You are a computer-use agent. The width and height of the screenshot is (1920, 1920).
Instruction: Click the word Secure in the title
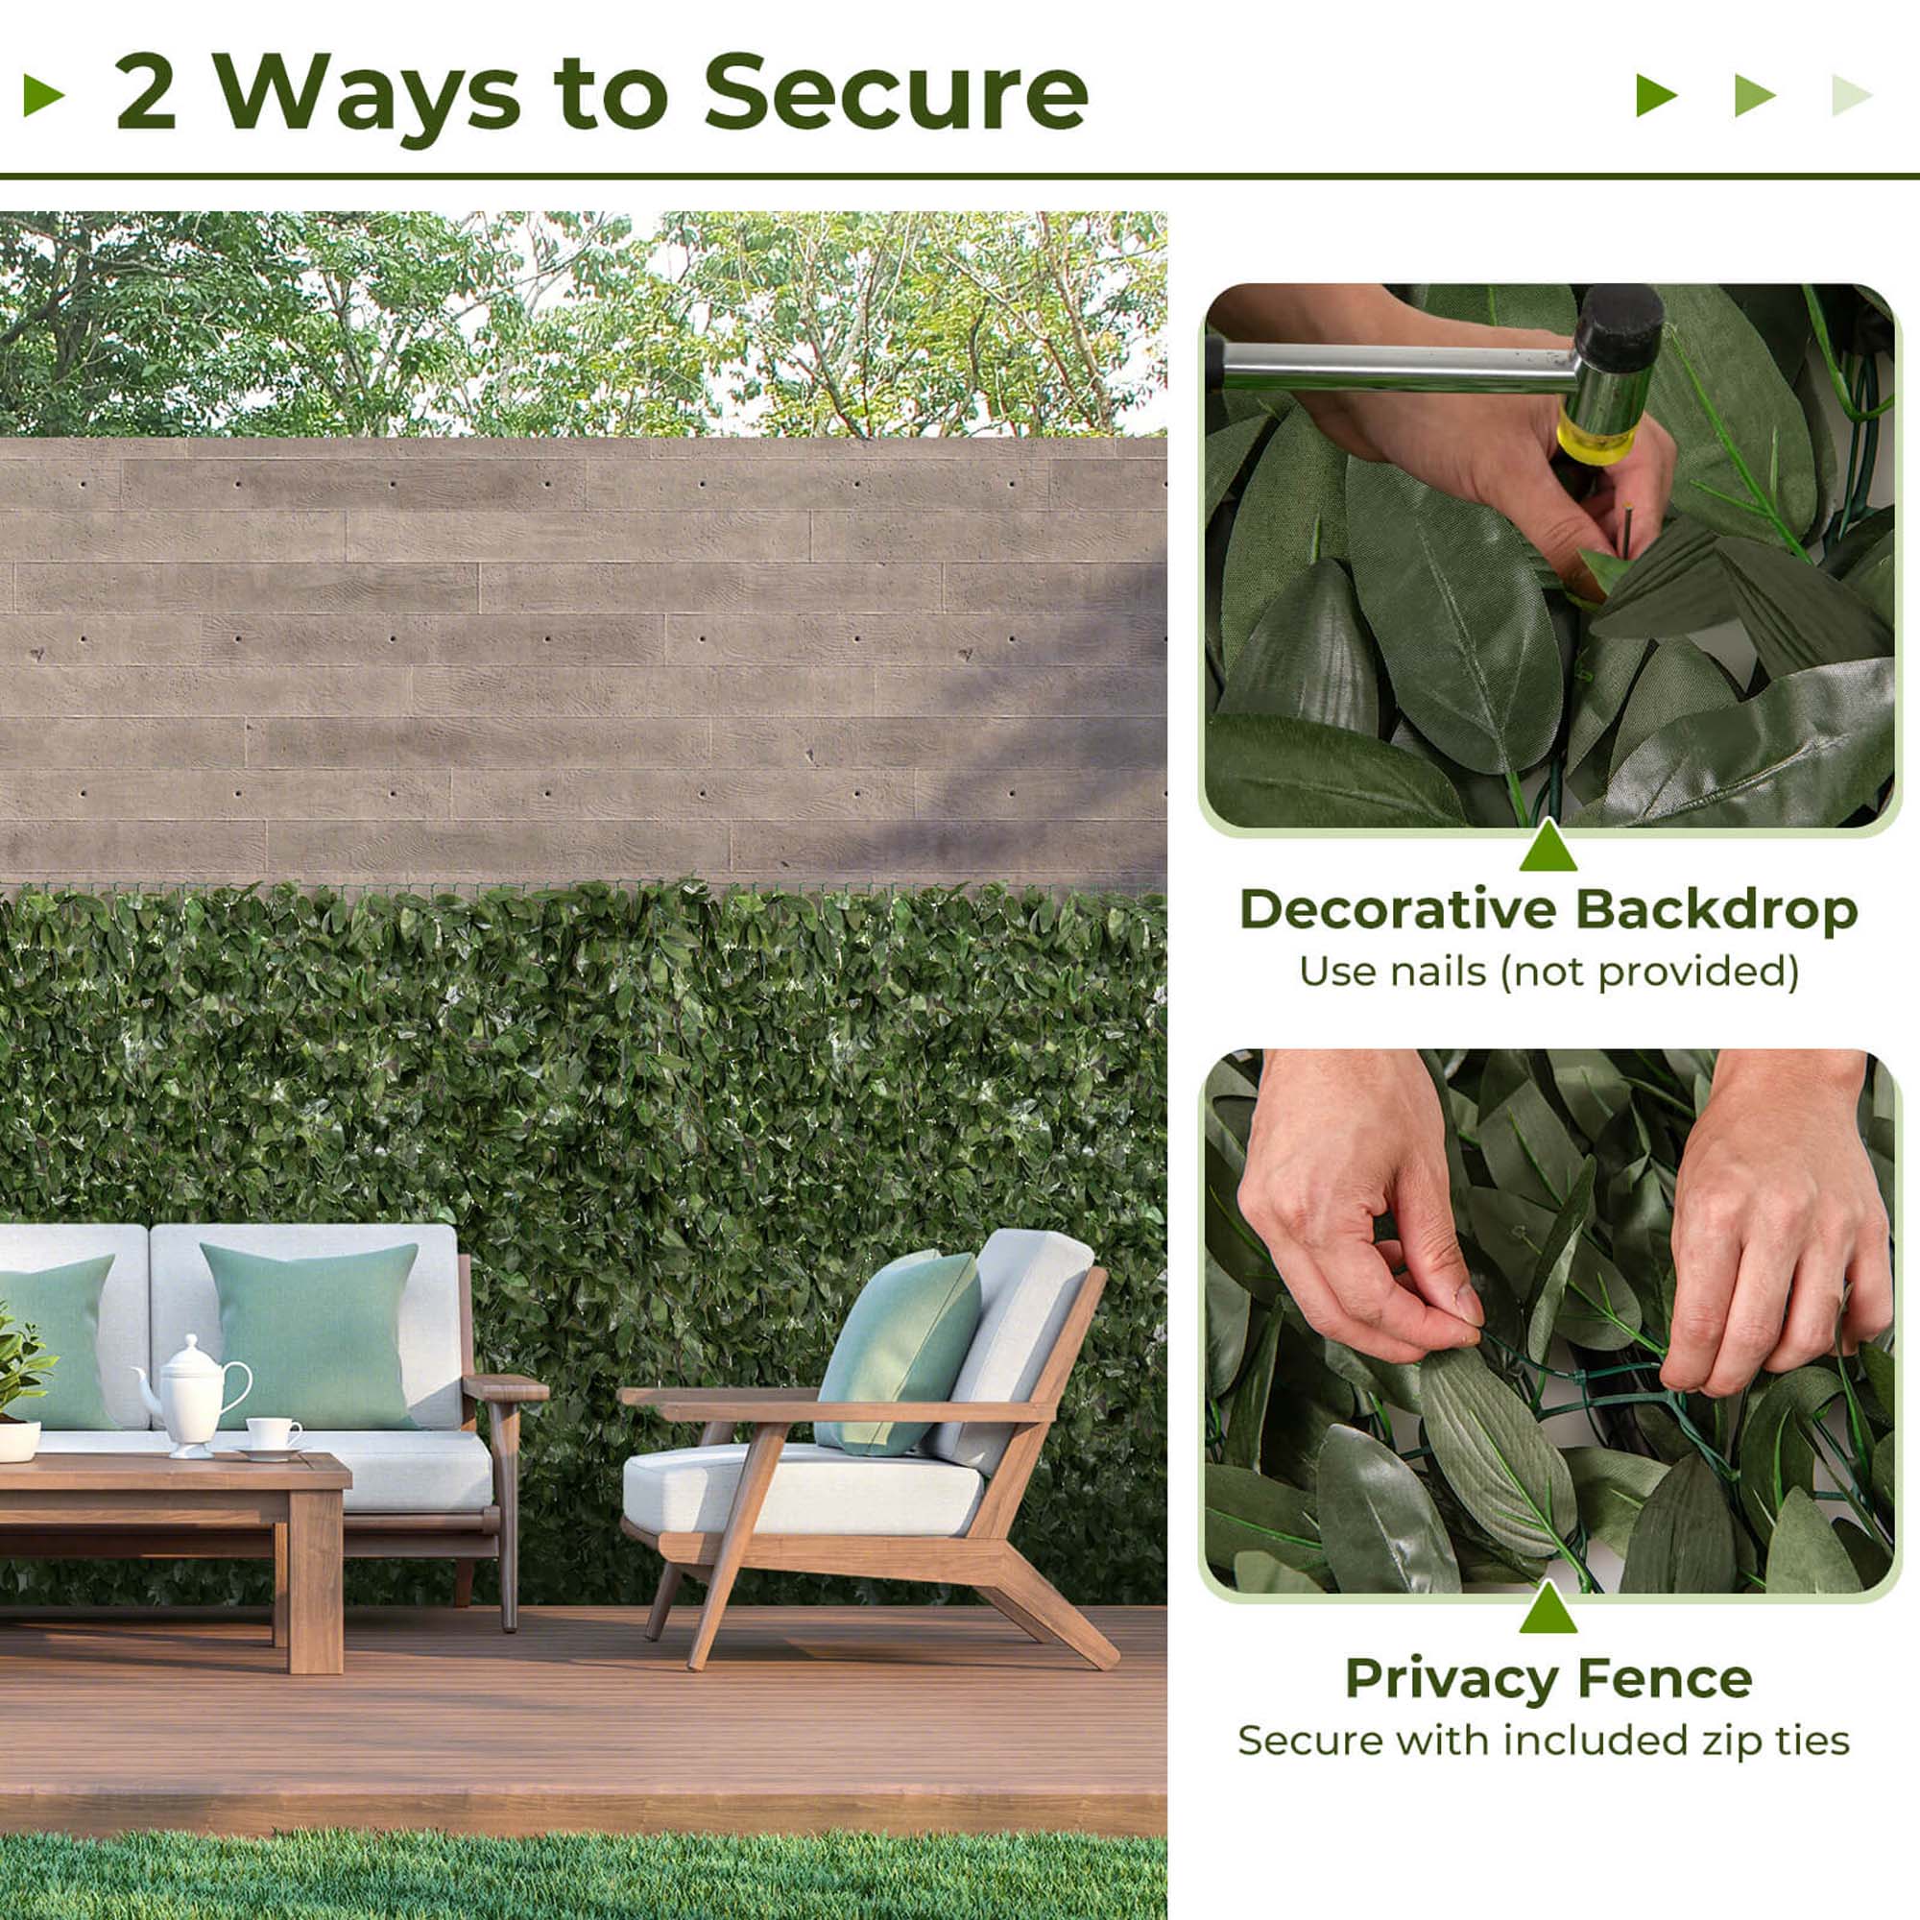click(x=895, y=94)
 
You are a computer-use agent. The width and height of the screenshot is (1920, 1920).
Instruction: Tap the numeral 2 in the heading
click(x=146, y=94)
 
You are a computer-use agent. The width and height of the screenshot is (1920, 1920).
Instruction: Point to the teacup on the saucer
click(x=272, y=1433)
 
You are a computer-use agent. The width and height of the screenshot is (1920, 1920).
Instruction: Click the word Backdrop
click(x=1716, y=909)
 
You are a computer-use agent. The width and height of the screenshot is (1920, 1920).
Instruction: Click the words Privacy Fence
click(x=1548, y=1678)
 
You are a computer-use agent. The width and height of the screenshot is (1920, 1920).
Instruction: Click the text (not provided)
click(x=1648, y=971)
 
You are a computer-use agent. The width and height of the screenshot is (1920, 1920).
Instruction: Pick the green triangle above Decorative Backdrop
click(x=1548, y=848)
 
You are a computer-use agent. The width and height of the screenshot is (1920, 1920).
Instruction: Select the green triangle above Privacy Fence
click(x=1548, y=1609)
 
